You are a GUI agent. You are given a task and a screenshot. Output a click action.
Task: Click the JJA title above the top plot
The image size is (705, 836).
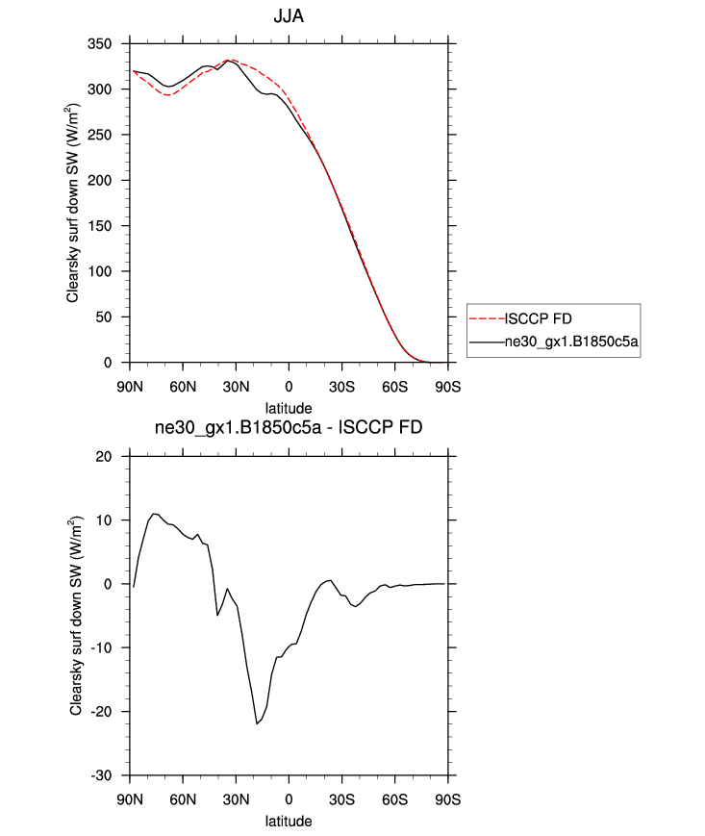click(290, 17)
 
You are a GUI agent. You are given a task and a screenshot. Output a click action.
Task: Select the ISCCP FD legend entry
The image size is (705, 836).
click(538, 317)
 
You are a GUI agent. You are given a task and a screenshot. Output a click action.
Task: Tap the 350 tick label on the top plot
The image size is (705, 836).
click(113, 44)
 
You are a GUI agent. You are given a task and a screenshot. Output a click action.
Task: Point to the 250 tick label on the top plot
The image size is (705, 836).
click(113, 136)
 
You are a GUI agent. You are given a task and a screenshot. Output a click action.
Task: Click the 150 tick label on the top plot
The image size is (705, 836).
click(113, 226)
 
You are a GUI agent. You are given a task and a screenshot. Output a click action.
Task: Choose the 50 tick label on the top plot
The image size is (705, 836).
click(117, 317)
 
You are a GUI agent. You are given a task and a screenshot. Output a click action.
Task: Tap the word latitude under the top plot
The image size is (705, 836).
click(290, 408)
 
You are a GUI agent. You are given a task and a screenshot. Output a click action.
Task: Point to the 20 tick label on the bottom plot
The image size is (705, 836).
click(117, 457)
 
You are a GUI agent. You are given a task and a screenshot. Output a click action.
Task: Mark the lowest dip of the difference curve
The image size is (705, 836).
click(257, 723)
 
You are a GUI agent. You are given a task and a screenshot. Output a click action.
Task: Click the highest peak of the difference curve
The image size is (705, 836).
click(154, 514)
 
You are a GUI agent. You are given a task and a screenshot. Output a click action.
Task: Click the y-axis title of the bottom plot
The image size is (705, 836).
click(76, 616)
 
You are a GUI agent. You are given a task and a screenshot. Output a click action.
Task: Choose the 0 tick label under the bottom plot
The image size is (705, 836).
click(290, 799)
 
